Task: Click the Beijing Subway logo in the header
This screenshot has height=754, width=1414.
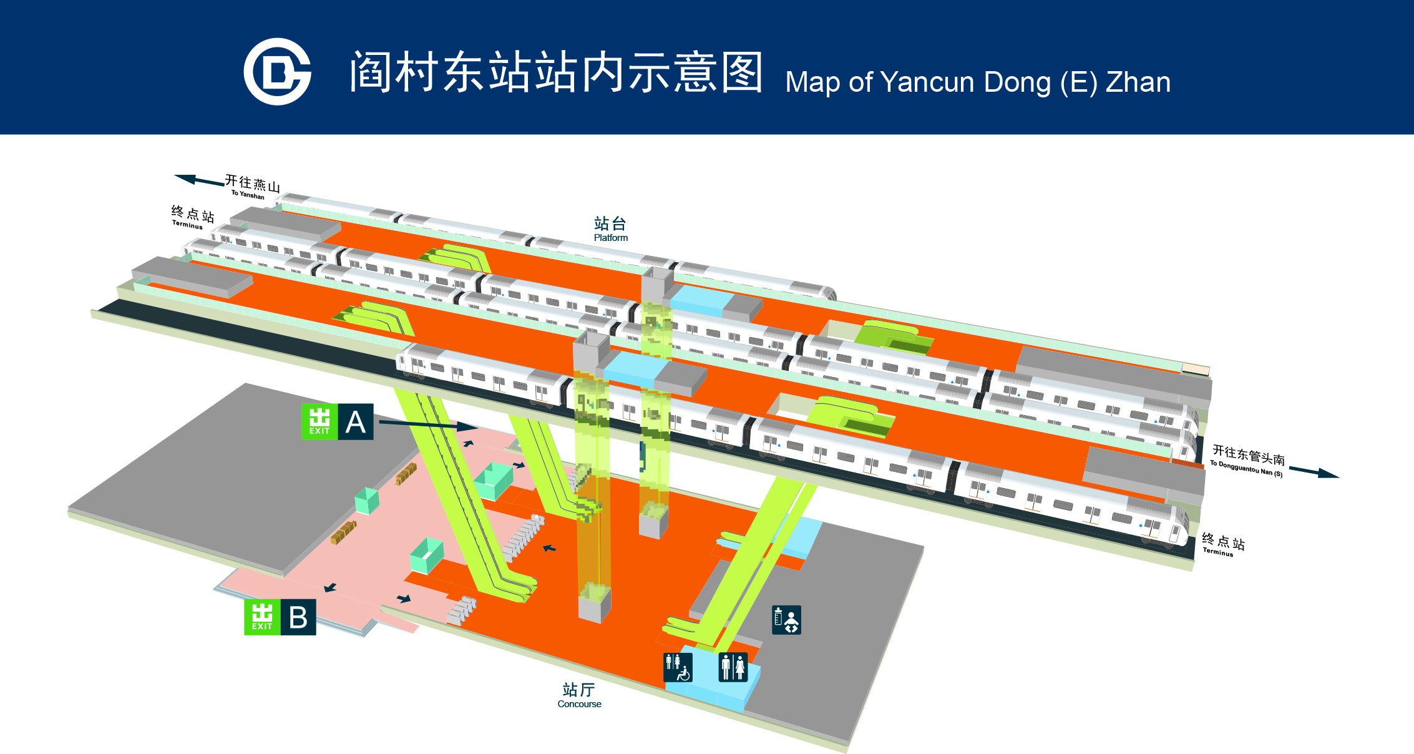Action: [278, 72]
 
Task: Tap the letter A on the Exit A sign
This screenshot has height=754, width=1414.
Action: [356, 422]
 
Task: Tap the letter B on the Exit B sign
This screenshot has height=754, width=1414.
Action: [298, 617]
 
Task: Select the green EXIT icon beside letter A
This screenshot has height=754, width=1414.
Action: [319, 422]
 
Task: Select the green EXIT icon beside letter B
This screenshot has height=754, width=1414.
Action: [262, 617]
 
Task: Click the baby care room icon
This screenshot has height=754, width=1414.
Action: [786, 620]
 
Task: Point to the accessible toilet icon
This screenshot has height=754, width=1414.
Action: [678, 667]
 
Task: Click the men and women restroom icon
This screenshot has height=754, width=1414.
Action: [733, 667]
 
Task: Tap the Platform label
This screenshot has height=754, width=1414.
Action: [610, 229]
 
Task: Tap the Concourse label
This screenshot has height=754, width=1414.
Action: [579, 695]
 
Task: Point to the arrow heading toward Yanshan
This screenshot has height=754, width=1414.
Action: [199, 180]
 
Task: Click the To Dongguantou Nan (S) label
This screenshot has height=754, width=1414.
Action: [1247, 461]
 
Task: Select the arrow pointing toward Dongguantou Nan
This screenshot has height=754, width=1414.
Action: [1314, 472]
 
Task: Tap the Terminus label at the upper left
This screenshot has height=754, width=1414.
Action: [193, 217]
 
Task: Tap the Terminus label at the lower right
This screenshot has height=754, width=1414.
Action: [1222, 544]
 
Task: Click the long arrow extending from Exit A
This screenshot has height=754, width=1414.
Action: [429, 425]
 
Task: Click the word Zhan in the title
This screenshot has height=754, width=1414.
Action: [1138, 82]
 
